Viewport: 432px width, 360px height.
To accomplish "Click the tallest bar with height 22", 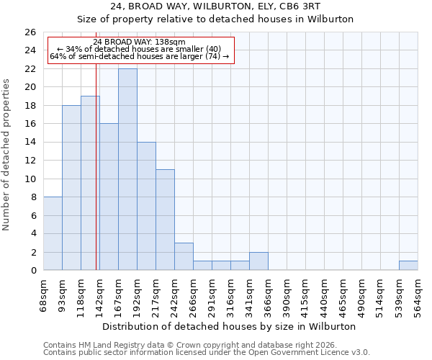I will tap(127, 169).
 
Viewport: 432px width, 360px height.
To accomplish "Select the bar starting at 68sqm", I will tap(53, 233).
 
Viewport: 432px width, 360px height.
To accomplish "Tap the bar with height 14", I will tap(146, 206).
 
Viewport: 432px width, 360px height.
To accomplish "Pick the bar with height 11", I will tap(165, 220).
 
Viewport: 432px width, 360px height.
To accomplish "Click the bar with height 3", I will tap(184, 256).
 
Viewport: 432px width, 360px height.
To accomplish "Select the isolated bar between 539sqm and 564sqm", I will tap(408, 266).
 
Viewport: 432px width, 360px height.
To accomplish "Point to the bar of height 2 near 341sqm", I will tap(258, 261).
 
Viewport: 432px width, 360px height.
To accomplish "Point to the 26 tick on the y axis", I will tap(30, 32).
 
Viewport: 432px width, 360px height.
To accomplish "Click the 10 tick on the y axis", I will tap(30, 179).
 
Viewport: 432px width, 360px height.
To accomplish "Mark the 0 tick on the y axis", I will tap(33, 271).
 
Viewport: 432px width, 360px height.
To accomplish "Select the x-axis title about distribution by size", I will tap(230, 326).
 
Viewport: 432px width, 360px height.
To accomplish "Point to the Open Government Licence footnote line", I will tap(207, 353).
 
